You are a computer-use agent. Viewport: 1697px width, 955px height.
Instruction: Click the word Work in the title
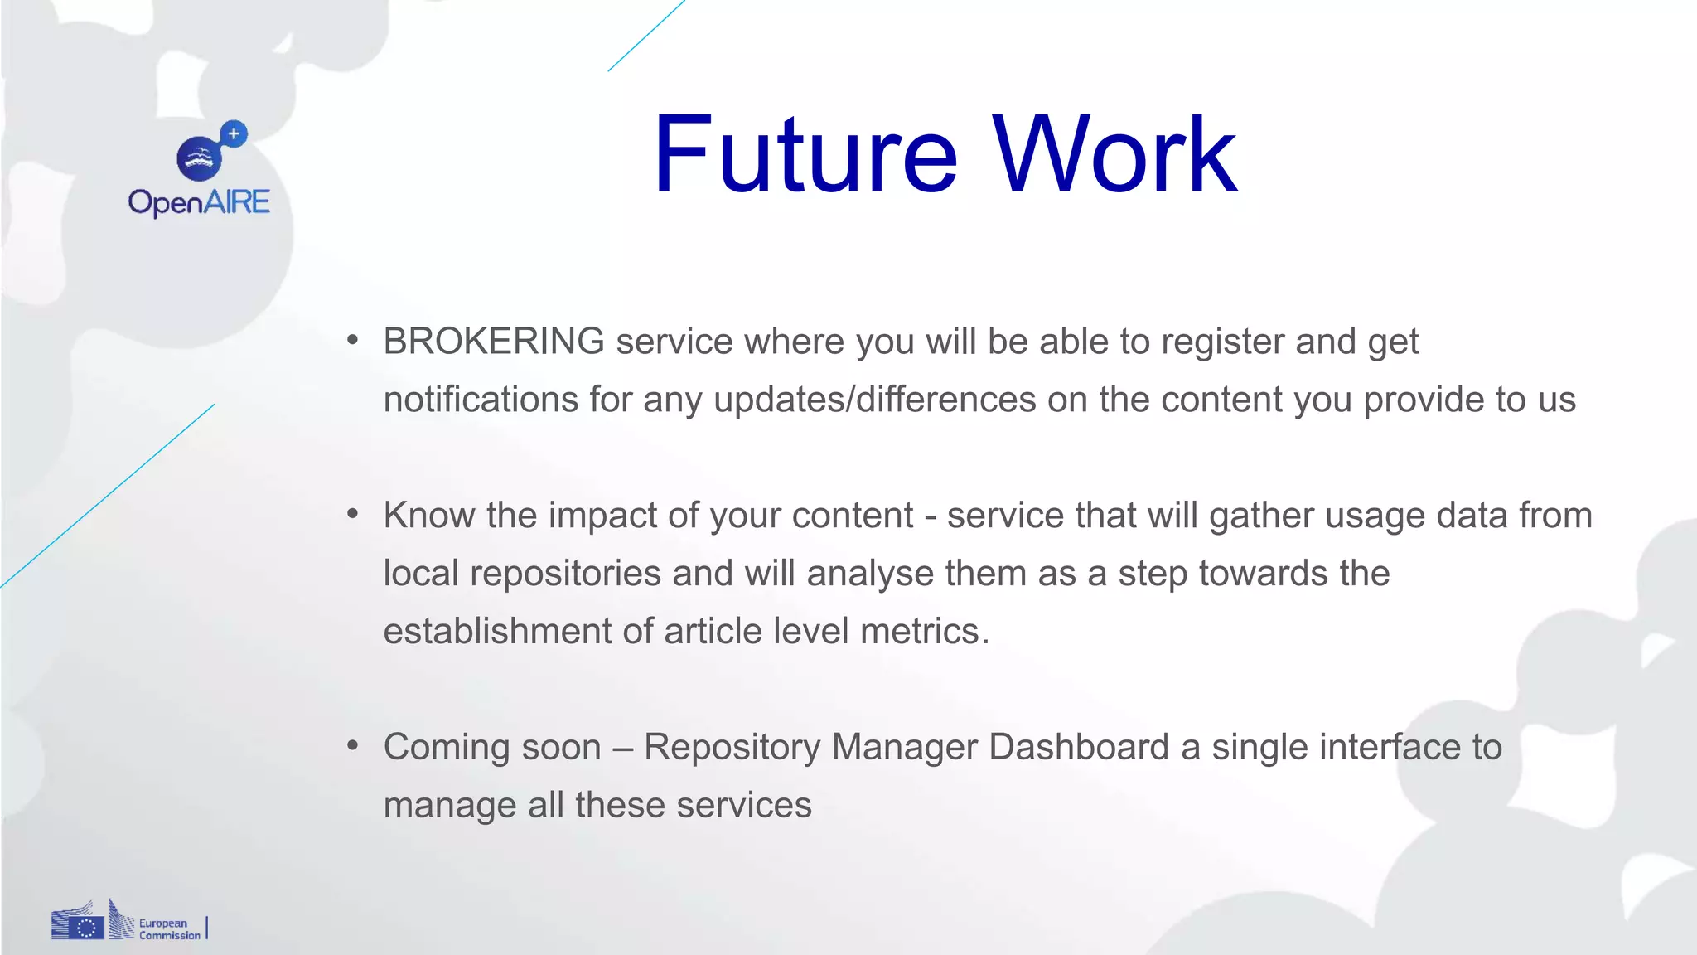[x=1114, y=156]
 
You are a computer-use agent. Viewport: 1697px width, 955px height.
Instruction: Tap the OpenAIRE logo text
[x=199, y=202]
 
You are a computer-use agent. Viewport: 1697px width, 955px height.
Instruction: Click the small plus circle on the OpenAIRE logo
[x=234, y=133]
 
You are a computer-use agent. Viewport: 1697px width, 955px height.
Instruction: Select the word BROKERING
[x=494, y=342]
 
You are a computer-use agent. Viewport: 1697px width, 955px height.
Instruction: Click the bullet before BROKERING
[x=353, y=340]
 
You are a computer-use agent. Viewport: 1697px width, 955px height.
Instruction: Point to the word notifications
[x=481, y=400]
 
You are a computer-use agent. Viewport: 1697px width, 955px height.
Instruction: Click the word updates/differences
[x=874, y=400]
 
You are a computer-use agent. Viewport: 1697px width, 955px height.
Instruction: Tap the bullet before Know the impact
[x=353, y=514]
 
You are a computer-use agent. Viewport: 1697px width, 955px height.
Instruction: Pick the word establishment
[x=497, y=632]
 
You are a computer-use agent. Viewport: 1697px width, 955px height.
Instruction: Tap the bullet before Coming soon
[x=353, y=745]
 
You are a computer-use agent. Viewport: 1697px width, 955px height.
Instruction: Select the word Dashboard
[x=1078, y=747]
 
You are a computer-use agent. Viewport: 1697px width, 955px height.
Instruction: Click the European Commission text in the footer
[x=169, y=928]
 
